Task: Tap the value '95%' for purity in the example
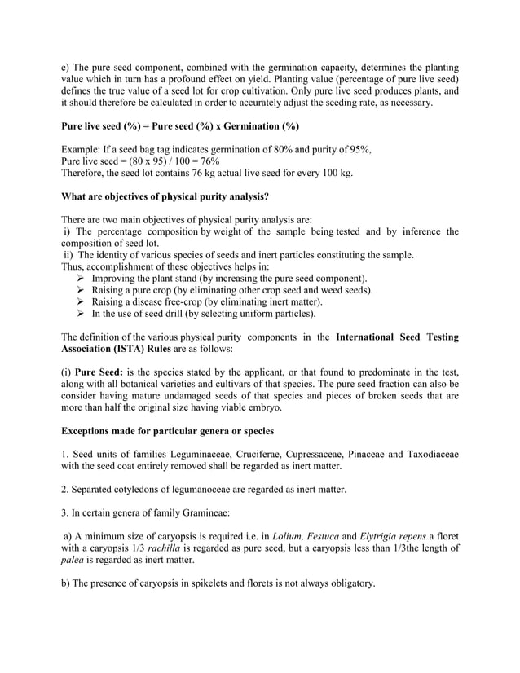(359, 149)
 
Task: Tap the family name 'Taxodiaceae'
(428, 454)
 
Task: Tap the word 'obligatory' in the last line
(348, 583)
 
